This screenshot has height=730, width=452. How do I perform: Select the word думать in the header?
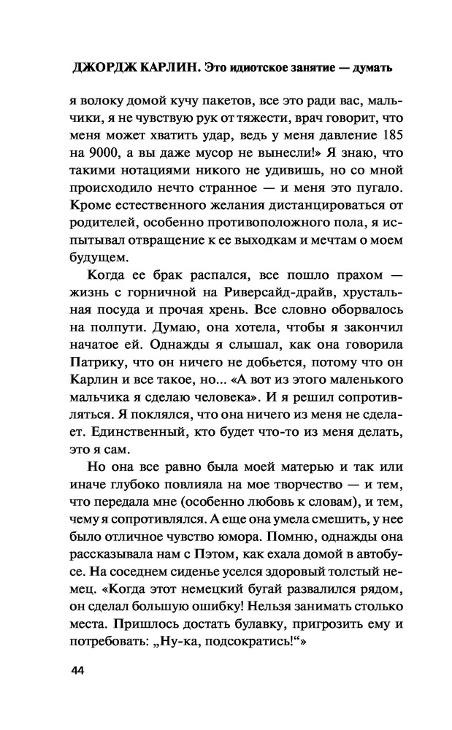(370, 69)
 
